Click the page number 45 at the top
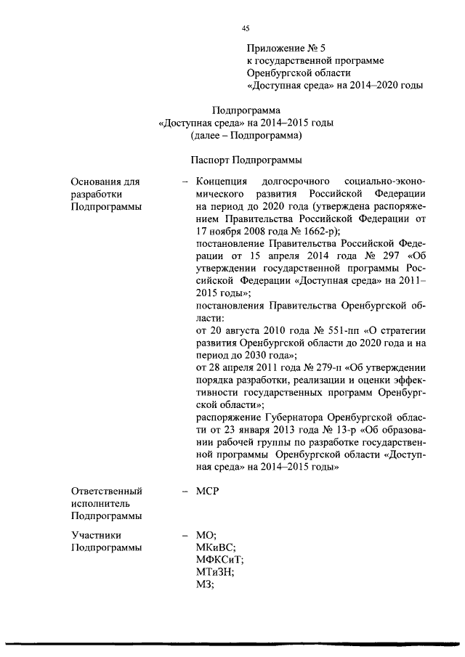pyautogui.click(x=246, y=28)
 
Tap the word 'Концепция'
pyautogui.click(x=223, y=181)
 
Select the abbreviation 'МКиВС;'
pyautogui.click(x=217, y=547)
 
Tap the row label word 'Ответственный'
pyautogui.click(x=106, y=491)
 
